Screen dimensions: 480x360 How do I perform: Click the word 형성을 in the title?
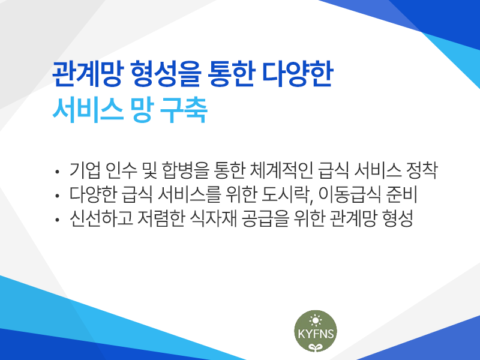tap(166, 74)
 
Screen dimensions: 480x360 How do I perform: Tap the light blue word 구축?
tap(184, 110)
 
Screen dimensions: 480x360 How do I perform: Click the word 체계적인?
tap(281, 170)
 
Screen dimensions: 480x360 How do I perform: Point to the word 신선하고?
tap(101, 218)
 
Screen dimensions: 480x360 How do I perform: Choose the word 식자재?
tap(214, 218)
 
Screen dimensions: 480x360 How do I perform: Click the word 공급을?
tap(265, 218)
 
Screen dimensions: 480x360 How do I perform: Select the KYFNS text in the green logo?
tap(316, 334)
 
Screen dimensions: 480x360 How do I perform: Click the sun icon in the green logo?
tap(316, 320)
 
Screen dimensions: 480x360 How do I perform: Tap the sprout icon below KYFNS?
tap(316, 347)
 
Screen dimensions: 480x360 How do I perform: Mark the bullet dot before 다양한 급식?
tap(56, 196)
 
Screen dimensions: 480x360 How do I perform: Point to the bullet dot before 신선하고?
tap(56, 220)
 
